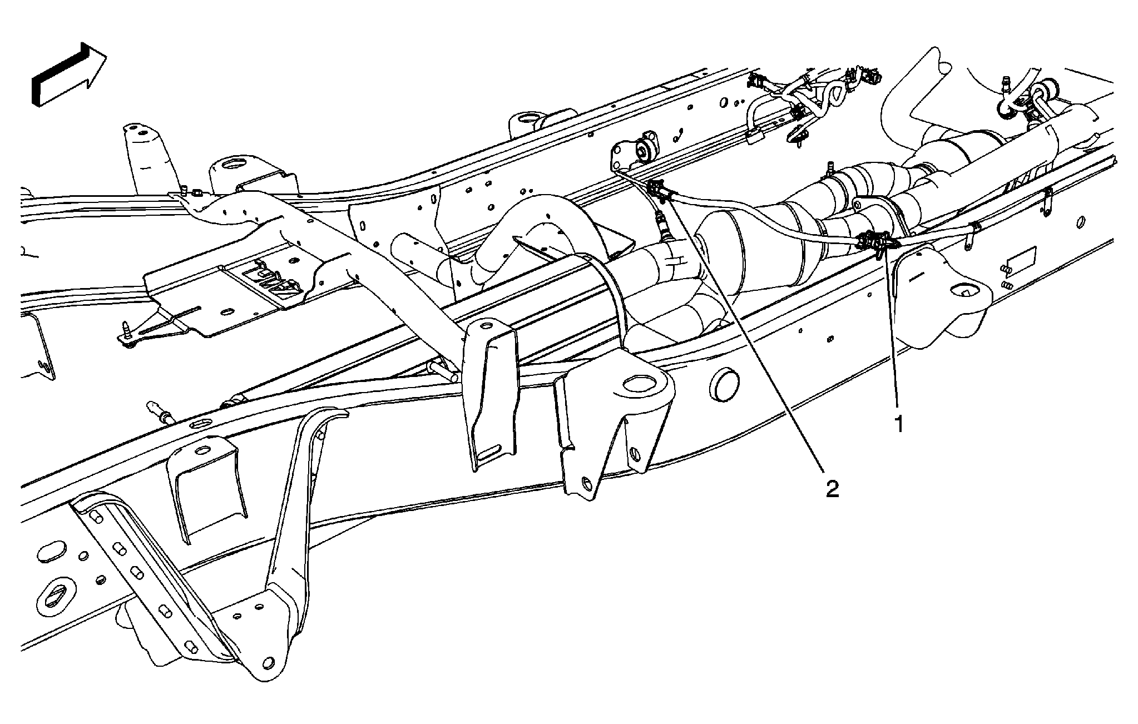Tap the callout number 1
click(x=897, y=425)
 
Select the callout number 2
click(x=832, y=489)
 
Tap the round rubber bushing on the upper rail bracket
click(x=647, y=147)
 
